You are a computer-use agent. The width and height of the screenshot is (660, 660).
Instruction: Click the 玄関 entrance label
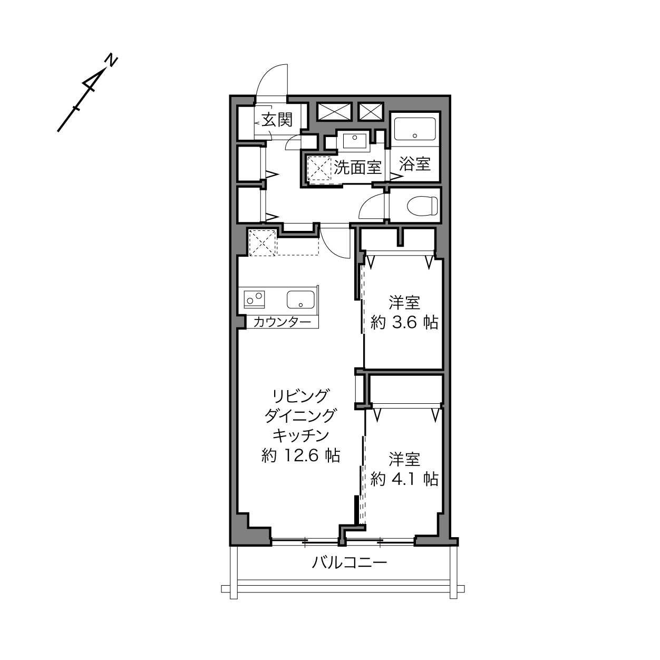pos(277,120)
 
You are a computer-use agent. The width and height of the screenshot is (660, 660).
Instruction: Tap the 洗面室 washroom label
pos(357,167)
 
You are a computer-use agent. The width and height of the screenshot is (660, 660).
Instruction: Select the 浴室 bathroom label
pos(415,164)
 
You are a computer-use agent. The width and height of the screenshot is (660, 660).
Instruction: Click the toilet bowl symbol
pos(423,206)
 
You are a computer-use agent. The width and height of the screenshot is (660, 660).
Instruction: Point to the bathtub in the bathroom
pos(415,129)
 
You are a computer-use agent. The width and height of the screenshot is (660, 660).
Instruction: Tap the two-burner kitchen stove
pos(254,298)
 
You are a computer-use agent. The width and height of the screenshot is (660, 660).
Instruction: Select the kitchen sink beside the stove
pos(300,299)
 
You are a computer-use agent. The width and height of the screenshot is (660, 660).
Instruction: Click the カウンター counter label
pos(283,322)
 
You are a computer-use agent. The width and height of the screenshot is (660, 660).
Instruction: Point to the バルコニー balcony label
pos(349,562)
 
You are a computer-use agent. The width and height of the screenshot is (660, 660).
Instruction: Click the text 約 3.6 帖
pos(404,322)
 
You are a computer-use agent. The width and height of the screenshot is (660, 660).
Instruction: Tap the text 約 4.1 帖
pos(404,479)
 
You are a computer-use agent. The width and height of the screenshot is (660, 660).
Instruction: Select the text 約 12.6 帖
pos(300,456)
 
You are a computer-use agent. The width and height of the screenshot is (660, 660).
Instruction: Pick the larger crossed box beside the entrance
pos(335,111)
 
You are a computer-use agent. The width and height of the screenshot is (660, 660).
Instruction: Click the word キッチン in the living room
pos(300,435)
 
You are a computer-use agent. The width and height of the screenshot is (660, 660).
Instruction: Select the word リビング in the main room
pos(300,396)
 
